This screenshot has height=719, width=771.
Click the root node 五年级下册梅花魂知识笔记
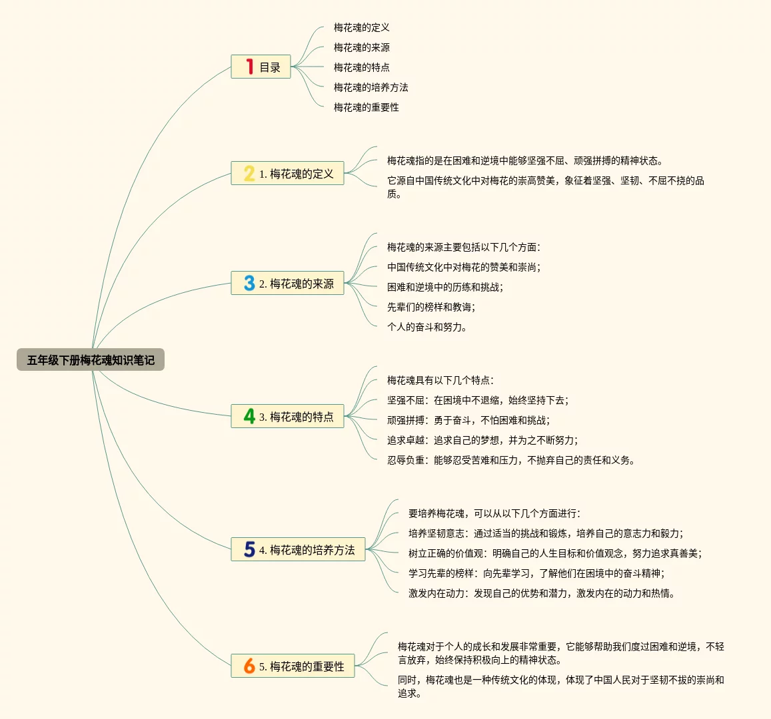tap(91, 360)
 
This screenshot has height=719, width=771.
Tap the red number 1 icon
tap(249, 67)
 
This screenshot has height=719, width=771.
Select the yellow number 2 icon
tap(249, 173)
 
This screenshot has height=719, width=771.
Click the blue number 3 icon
tap(249, 283)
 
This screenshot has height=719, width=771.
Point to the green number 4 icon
tap(249, 416)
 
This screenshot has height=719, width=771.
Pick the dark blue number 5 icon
tap(249, 549)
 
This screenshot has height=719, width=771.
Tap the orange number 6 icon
tap(249, 666)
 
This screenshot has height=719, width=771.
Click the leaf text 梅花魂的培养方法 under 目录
tap(371, 87)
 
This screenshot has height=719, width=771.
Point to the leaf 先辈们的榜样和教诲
tap(431, 307)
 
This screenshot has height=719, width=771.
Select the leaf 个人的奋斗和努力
tap(426, 327)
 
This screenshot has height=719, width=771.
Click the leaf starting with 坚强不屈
tap(478, 400)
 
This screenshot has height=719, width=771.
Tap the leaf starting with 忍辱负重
tap(511, 460)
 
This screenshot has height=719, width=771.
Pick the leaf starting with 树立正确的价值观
tap(555, 553)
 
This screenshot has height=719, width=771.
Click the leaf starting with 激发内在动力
tap(542, 593)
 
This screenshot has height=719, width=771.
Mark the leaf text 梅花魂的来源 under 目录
tap(361, 47)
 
